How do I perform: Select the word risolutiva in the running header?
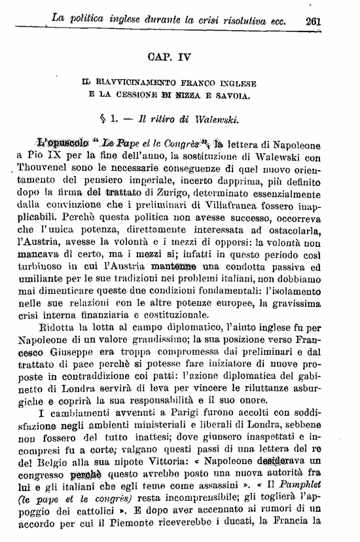tap(240, 20)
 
